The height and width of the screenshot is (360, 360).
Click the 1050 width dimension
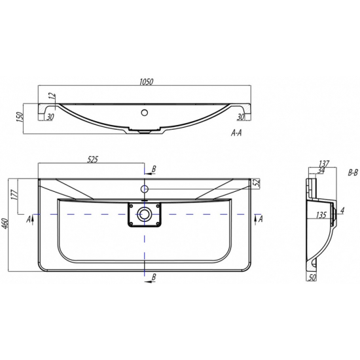click(x=146, y=82)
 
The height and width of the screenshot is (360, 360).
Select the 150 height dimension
click(x=20, y=117)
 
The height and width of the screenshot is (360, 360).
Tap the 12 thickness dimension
click(x=52, y=96)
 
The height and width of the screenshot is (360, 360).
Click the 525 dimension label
click(x=92, y=159)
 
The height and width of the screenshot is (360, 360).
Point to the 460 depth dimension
click(x=5, y=225)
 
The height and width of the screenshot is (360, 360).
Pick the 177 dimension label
click(x=14, y=195)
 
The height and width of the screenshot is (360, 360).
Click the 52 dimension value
click(x=257, y=183)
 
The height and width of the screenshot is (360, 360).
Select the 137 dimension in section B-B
click(x=324, y=164)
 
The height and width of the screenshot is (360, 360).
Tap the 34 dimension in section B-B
click(x=321, y=170)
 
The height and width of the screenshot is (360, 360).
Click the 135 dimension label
click(x=321, y=215)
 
